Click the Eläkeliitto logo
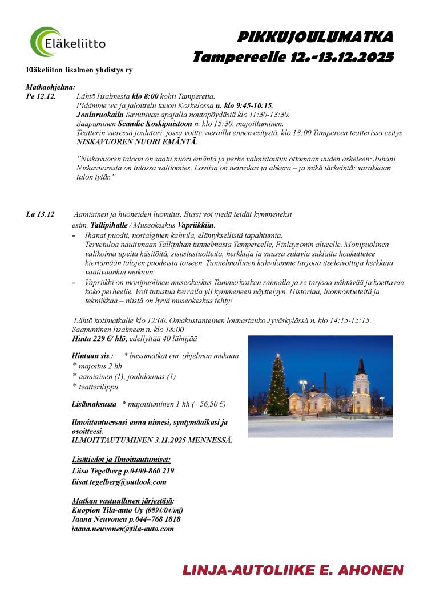coord(67,42)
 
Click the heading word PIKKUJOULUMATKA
coord(315,38)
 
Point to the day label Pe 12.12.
coord(41,96)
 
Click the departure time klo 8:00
coord(145,96)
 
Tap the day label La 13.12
coord(40,214)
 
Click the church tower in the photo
coord(361,382)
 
